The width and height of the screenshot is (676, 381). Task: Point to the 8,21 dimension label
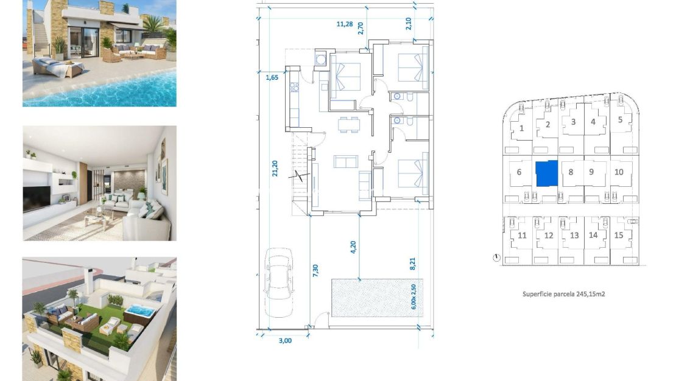click(x=412, y=263)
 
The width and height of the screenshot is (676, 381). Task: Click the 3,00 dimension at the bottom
click(x=285, y=340)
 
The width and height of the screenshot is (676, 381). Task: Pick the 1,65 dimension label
click(x=271, y=77)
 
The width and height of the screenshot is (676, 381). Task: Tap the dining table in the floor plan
click(x=350, y=124)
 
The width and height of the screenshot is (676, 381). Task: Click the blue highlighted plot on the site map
click(x=546, y=173)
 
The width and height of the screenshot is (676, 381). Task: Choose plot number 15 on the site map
click(x=619, y=236)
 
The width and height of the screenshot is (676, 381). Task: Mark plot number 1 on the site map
click(x=522, y=128)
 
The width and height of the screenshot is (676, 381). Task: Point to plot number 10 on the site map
click(x=619, y=172)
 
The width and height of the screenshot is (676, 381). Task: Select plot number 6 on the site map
click(x=519, y=172)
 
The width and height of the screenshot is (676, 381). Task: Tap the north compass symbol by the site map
click(x=497, y=257)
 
